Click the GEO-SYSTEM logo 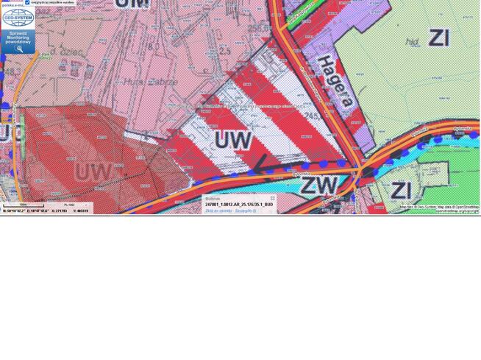(x=18, y=18)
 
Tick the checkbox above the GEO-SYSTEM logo (x=27, y=3)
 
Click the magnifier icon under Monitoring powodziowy (x=20, y=49)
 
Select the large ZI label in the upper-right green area (x=438, y=38)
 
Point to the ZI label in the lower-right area (x=401, y=190)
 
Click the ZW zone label (x=319, y=184)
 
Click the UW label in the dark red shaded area (x=93, y=172)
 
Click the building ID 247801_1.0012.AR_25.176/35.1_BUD (x=239, y=204)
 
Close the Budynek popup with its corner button (x=272, y=198)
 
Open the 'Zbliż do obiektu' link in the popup (x=218, y=211)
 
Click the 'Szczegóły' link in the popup (x=245, y=211)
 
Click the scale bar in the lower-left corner (x=22, y=205)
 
